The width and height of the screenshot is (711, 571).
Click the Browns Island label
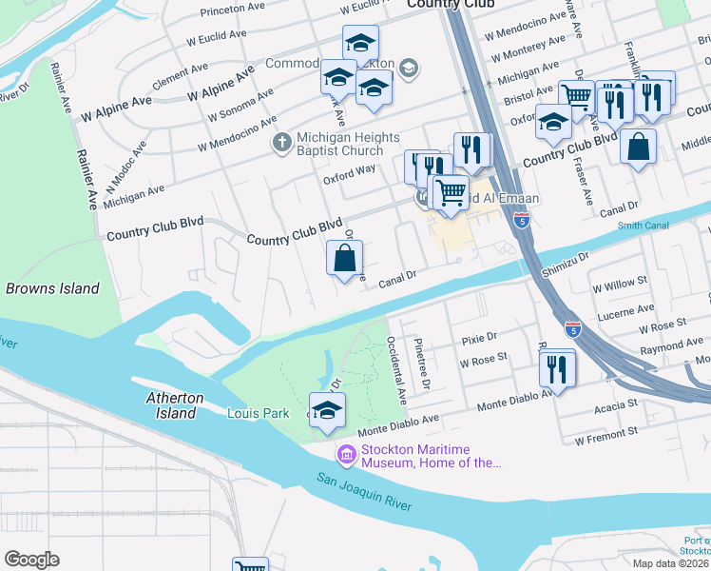tap(52, 288)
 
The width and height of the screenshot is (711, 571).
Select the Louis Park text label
tap(258, 413)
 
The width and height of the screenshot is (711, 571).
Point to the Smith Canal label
tap(644, 226)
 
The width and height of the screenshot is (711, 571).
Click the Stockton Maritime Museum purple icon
tap(346, 456)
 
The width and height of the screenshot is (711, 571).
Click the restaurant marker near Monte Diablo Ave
tap(557, 367)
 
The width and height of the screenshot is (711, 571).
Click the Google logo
tap(31, 560)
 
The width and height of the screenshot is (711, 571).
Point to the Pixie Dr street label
tap(478, 338)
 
